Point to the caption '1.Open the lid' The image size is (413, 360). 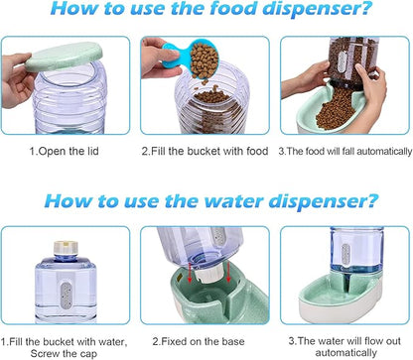coord(69,151)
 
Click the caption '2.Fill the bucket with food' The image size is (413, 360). coord(204,151)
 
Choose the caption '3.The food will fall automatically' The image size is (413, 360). coord(345,151)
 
